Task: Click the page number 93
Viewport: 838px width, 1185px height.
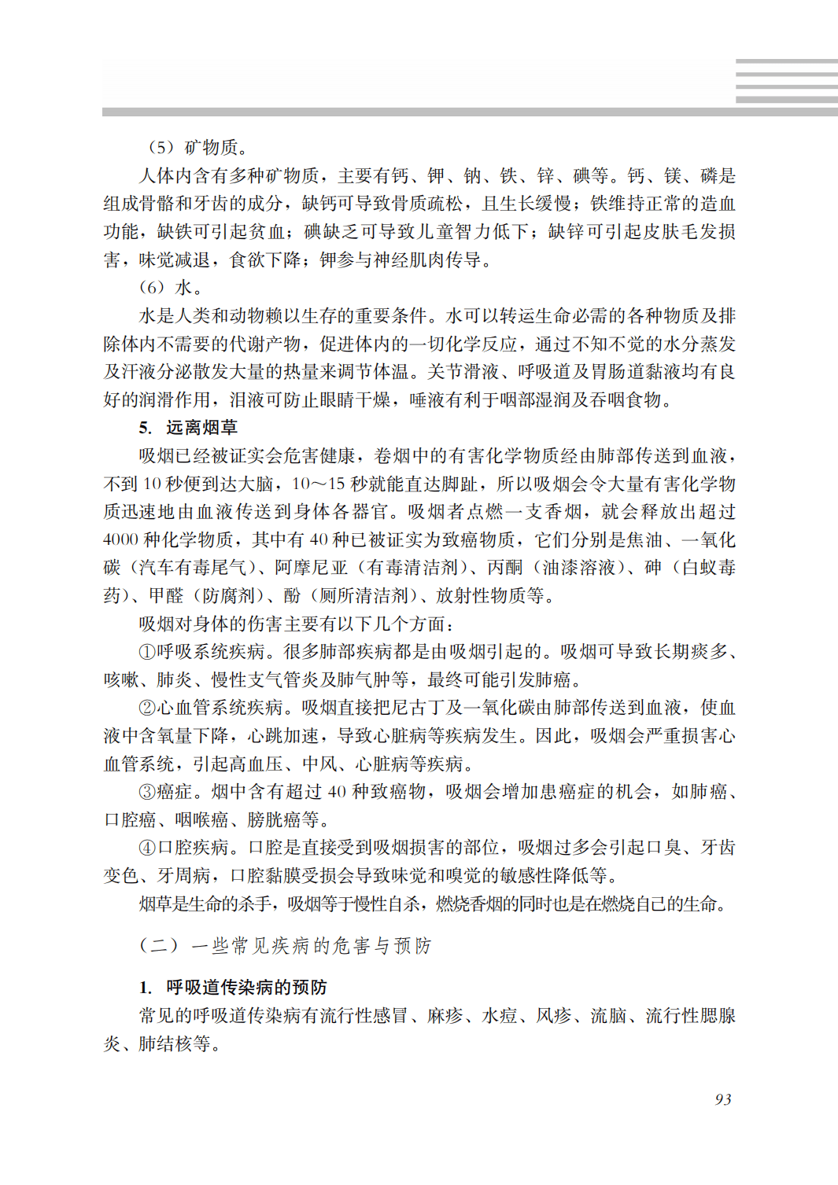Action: point(723,1099)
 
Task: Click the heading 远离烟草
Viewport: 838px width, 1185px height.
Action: point(201,428)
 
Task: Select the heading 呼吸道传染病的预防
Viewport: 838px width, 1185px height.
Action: point(245,988)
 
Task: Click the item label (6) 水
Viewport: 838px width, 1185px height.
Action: point(170,288)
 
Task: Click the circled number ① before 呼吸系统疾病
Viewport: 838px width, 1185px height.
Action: point(147,652)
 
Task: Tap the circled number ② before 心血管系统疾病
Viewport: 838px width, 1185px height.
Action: point(147,708)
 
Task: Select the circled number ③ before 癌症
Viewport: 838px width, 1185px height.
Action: point(147,792)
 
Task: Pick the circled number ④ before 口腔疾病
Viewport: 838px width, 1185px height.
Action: point(147,848)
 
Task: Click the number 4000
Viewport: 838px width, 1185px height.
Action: point(120,540)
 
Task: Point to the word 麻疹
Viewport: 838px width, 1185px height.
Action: point(445,1016)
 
